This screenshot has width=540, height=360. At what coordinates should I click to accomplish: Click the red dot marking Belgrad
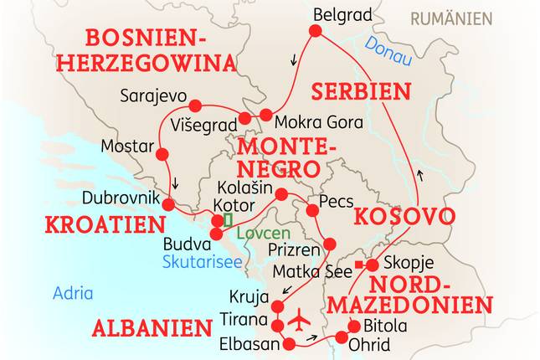click(x=316, y=31)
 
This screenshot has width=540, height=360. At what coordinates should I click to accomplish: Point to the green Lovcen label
click(x=262, y=234)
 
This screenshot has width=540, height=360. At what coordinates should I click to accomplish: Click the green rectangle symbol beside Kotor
click(x=227, y=220)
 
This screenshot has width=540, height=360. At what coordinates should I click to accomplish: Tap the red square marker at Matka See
click(x=358, y=265)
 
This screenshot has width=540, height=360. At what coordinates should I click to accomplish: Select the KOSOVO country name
click(x=404, y=217)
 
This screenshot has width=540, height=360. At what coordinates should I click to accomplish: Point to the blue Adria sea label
click(x=73, y=293)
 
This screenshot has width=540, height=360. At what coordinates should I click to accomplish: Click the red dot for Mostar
click(x=162, y=154)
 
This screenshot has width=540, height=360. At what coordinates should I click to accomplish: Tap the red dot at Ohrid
click(x=342, y=337)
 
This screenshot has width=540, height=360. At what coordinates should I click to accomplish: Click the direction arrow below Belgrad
click(x=294, y=59)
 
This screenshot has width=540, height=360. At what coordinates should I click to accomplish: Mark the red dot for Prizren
click(x=329, y=244)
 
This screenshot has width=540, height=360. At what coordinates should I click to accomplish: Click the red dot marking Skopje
click(x=372, y=265)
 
